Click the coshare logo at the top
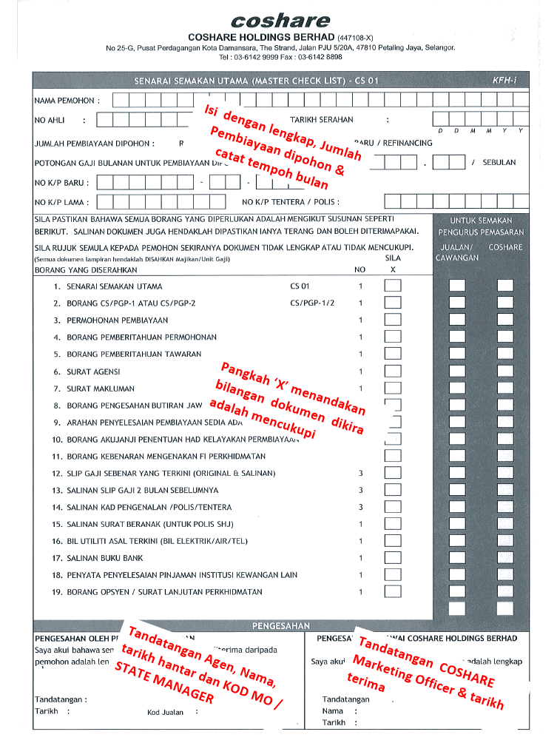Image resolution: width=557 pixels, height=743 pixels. click(x=280, y=20)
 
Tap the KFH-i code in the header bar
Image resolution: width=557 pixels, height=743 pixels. click(x=504, y=80)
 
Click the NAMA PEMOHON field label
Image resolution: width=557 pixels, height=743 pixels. click(x=67, y=100)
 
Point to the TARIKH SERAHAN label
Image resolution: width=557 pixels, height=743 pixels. click(x=321, y=119)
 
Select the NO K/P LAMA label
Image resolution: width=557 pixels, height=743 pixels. click(x=62, y=201)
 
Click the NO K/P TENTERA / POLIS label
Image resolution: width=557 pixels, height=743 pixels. click(x=291, y=201)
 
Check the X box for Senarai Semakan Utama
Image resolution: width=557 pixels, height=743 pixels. click(x=393, y=286)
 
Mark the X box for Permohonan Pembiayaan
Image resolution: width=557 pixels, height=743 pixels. click(x=393, y=320)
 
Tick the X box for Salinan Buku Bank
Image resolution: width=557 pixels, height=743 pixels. click(x=393, y=557)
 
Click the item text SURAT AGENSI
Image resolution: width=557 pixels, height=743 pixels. click(x=93, y=371)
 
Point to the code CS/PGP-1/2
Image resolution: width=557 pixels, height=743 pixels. click(x=313, y=303)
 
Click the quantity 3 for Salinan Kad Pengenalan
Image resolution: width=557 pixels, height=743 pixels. click(x=361, y=507)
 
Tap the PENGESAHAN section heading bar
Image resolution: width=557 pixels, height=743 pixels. click(x=281, y=625)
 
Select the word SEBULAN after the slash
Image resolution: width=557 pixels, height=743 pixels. click(x=499, y=162)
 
